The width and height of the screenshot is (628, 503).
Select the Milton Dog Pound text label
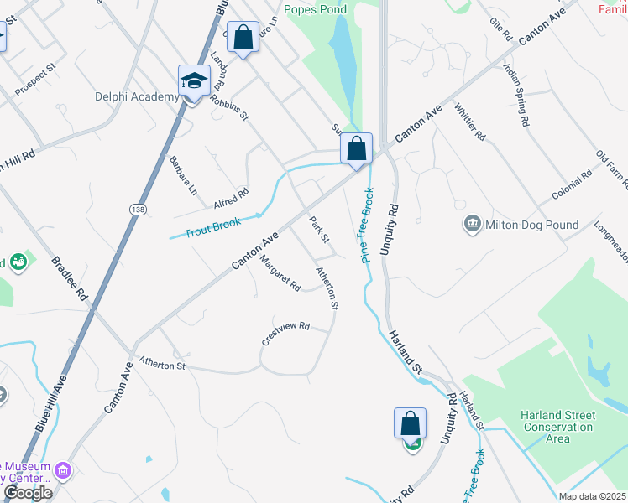tap(532, 225)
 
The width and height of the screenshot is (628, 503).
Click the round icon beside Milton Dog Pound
tap(472, 224)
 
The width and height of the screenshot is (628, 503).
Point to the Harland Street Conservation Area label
tap(557, 427)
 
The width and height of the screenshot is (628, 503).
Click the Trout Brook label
tap(213, 226)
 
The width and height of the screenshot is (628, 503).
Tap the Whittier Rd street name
tap(470, 123)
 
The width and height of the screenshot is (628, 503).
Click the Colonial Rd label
tap(572, 185)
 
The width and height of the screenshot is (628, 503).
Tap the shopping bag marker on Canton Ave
tap(356, 148)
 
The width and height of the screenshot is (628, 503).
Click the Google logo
tap(28, 493)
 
